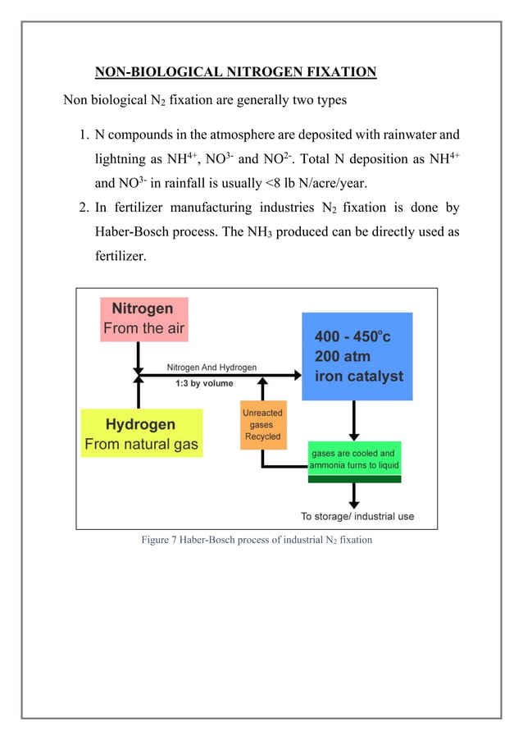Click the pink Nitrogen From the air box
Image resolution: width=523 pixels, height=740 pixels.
[143, 319]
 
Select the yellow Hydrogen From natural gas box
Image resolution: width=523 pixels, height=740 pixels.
[141, 434]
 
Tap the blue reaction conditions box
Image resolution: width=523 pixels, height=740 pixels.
[357, 356]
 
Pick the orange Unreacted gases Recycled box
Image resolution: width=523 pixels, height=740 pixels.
[262, 425]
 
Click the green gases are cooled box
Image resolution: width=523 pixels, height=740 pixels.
[354, 459]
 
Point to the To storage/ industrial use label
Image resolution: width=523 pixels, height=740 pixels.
[357, 516]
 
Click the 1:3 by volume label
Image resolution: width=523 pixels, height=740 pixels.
[203, 383]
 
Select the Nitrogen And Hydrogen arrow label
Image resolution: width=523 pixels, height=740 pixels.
[211, 367]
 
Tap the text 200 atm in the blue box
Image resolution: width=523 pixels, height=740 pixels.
[343, 357]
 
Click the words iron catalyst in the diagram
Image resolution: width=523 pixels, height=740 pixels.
[359, 377]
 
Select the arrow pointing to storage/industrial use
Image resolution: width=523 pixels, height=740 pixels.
[354, 495]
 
